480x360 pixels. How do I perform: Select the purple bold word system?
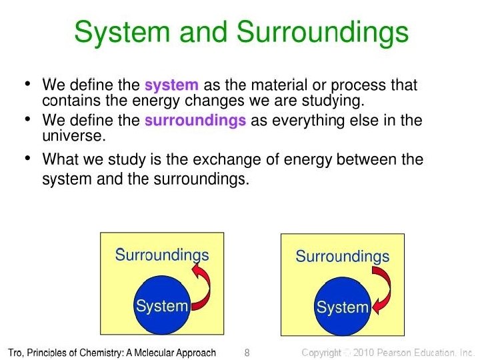click(171, 85)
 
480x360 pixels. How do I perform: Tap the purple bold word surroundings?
click(195, 121)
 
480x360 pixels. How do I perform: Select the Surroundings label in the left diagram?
click(162, 255)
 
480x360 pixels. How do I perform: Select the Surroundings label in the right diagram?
click(342, 256)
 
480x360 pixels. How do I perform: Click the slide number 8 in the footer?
click(247, 352)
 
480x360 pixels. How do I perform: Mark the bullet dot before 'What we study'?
click(27, 159)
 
